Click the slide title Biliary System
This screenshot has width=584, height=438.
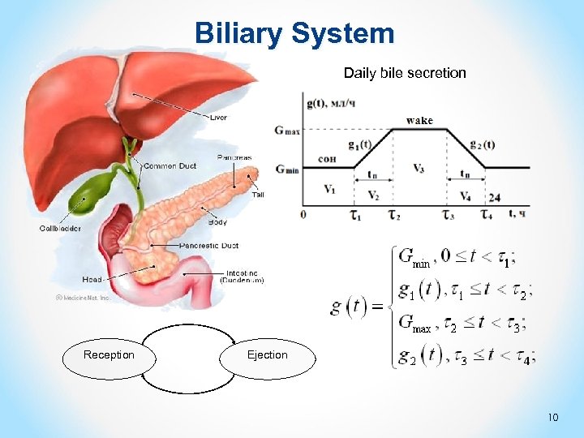294,33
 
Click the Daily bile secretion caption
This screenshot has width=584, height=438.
405,73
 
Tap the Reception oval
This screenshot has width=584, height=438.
109,354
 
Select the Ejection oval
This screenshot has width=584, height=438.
267,354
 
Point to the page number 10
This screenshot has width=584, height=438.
553,418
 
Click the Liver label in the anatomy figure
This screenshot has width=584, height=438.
219,118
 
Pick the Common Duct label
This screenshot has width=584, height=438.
170,166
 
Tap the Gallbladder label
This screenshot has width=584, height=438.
61,228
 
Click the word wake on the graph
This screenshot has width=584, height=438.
419,121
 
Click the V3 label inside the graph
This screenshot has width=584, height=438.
419,169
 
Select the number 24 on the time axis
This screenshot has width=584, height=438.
494,197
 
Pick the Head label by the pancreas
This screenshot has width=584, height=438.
92,279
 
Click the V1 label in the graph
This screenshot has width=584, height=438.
329,189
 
